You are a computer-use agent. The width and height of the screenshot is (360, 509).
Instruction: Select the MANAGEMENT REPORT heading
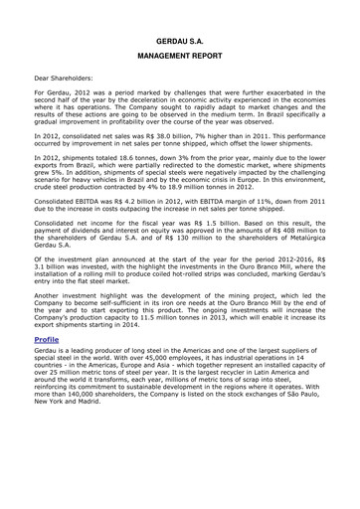pos(180,59)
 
